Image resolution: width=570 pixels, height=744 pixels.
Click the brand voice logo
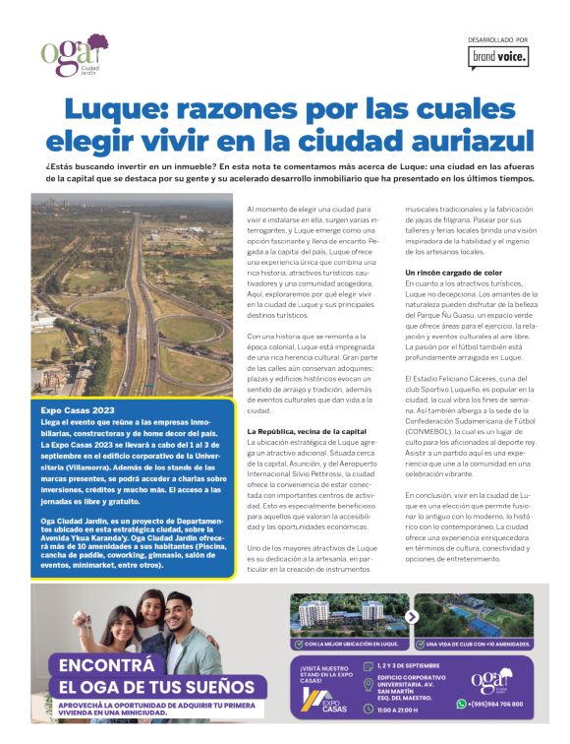[499, 58]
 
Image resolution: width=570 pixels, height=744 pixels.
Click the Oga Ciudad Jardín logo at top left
[74, 55]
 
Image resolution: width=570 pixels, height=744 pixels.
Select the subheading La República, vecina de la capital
[307, 432]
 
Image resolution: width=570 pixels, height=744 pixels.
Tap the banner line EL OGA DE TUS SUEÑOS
[157, 687]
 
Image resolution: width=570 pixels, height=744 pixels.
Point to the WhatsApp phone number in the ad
[495, 704]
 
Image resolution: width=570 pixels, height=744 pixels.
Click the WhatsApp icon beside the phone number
[461, 704]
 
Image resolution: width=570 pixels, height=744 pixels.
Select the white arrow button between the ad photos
[412, 617]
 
